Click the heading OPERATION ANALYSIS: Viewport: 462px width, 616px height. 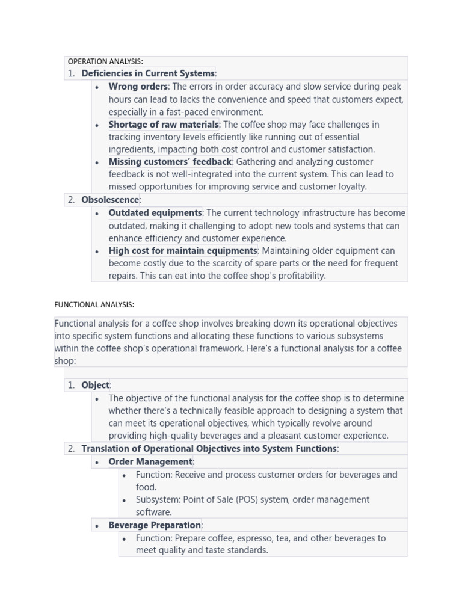coord(105,61)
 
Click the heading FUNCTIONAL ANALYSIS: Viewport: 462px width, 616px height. coord(94,305)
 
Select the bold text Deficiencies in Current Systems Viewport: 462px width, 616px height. coord(148,73)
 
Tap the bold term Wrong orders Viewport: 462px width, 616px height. coord(138,87)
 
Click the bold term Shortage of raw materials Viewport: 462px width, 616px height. coord(164,125)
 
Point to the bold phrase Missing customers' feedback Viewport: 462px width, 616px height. coord(170,162)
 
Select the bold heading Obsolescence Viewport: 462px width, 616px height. coord(110,200)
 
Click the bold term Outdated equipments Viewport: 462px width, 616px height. coord(155,213)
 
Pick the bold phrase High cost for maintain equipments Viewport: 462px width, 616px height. coord(183,251)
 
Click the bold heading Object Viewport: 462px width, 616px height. coord(96,385)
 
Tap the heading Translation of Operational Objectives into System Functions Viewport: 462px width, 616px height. coord(209,449)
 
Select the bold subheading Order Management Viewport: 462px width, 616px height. coord(150,462)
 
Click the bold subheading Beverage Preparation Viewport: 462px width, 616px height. coord(155,525)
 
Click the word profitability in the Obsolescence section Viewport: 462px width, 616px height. coord(299,276)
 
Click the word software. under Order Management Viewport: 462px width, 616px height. coord(153,513)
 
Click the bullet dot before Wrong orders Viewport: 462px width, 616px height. coord(97,87)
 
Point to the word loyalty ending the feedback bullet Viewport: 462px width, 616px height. coord(351,187)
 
